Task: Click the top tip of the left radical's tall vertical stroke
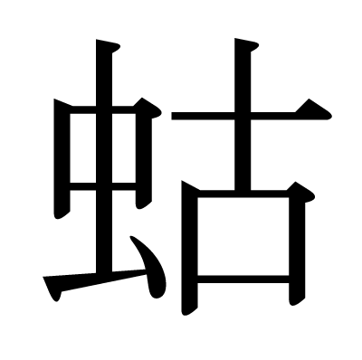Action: click(97, 40)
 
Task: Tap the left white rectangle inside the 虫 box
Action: click(83, 148)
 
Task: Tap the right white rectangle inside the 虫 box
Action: click(124, 148)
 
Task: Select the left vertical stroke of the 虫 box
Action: click(62, 158)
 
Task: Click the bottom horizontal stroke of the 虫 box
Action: click(102, 186)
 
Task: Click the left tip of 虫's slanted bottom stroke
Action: click(43, 277)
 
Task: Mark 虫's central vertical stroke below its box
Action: click(104, 232)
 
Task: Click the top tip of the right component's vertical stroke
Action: click(235, 39)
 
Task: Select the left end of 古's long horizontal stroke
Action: click(172, 116)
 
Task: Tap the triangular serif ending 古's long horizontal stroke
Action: click(314, 110)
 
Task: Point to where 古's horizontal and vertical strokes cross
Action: click(243, 116)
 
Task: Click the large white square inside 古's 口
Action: click(243, 236)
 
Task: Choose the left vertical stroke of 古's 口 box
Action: click(189, 247)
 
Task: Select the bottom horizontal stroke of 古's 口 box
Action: click(243, 279)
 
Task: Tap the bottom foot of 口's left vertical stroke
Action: click(188, 309)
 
